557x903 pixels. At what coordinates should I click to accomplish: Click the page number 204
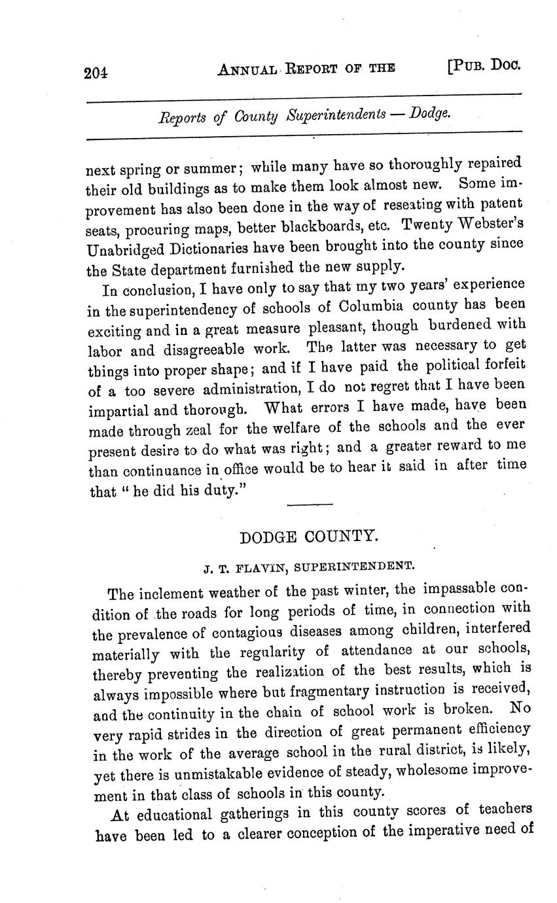(96, 73)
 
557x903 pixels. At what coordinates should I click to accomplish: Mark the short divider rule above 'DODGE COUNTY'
(310, 504)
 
